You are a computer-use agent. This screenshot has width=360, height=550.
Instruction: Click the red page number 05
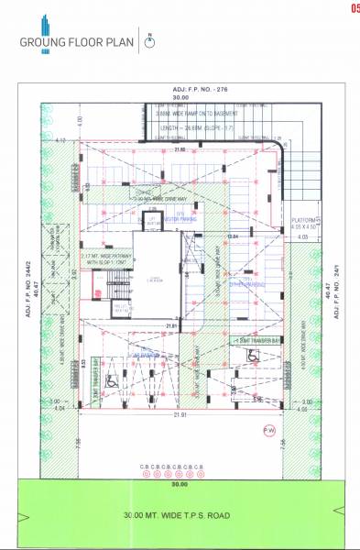pos(354,9)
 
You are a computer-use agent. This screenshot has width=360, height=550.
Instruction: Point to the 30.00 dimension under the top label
pos(180,95)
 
